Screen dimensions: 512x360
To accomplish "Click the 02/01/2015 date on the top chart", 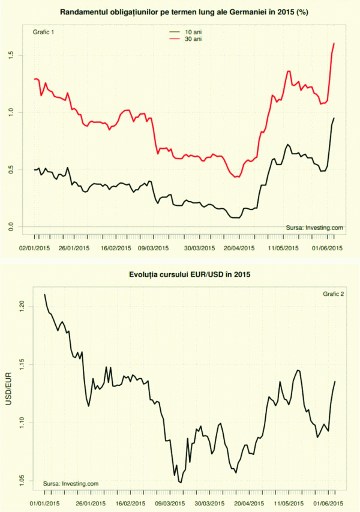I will pos(34,247).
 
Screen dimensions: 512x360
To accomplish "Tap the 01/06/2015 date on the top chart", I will pos(326,247).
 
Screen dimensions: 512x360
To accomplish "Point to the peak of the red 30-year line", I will pos(334,43).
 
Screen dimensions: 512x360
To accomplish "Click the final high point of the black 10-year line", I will pos(334,118).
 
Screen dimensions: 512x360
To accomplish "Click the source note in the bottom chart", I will pos(71,484).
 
